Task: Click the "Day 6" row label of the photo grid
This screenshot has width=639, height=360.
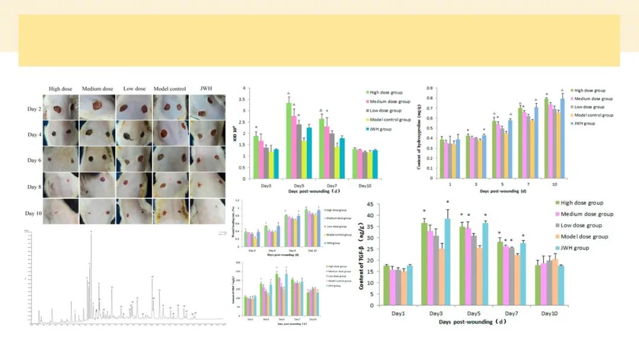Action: (34, 160)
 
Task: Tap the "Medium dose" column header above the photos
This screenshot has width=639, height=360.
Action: (98, 89)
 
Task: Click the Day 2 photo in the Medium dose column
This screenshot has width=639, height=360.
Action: (97, 108)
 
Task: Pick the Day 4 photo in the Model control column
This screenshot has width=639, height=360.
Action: (170, 134)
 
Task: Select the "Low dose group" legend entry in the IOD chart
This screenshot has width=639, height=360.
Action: (385, 111)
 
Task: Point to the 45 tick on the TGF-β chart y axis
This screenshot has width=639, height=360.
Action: (370, 204)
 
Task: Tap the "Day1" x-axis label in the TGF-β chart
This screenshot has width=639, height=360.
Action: (398, 313)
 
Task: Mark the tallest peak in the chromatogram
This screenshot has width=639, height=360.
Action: (91, 232)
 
